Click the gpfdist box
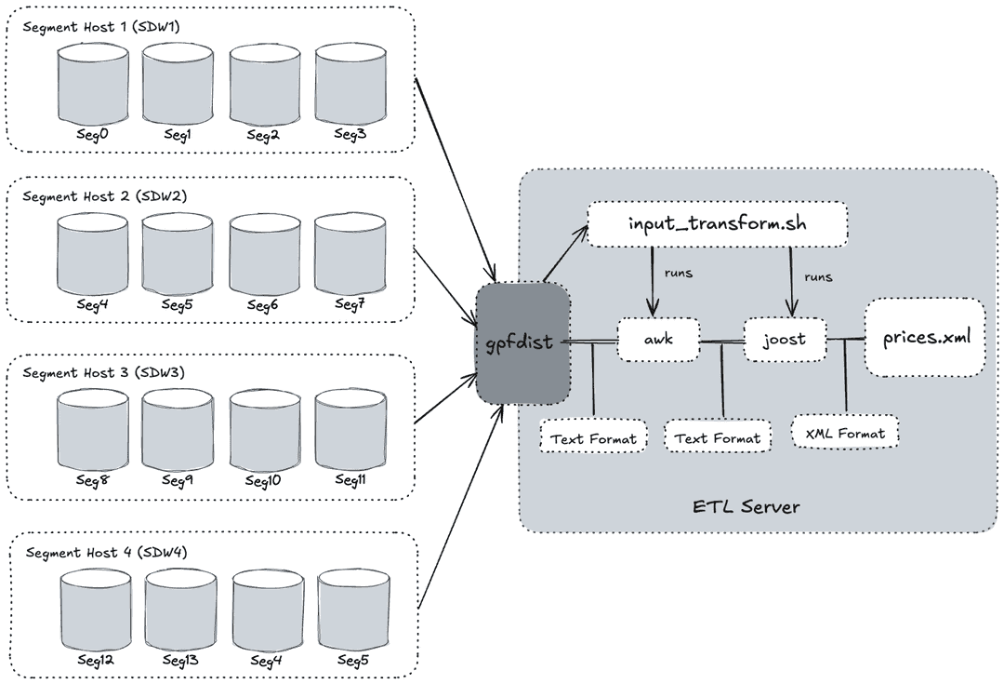(x=522, y=343)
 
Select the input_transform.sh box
(x=719, y=226)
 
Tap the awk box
(x=658, y=341)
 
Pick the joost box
(x=786, y=341)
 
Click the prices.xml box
(x=925, y=337)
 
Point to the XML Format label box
(x=845, y=433)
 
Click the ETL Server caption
(x=746, y=507)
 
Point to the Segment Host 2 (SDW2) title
(x=104, y=196)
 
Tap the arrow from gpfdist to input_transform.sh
(x=565, y=252)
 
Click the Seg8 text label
(x=92, y=480)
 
